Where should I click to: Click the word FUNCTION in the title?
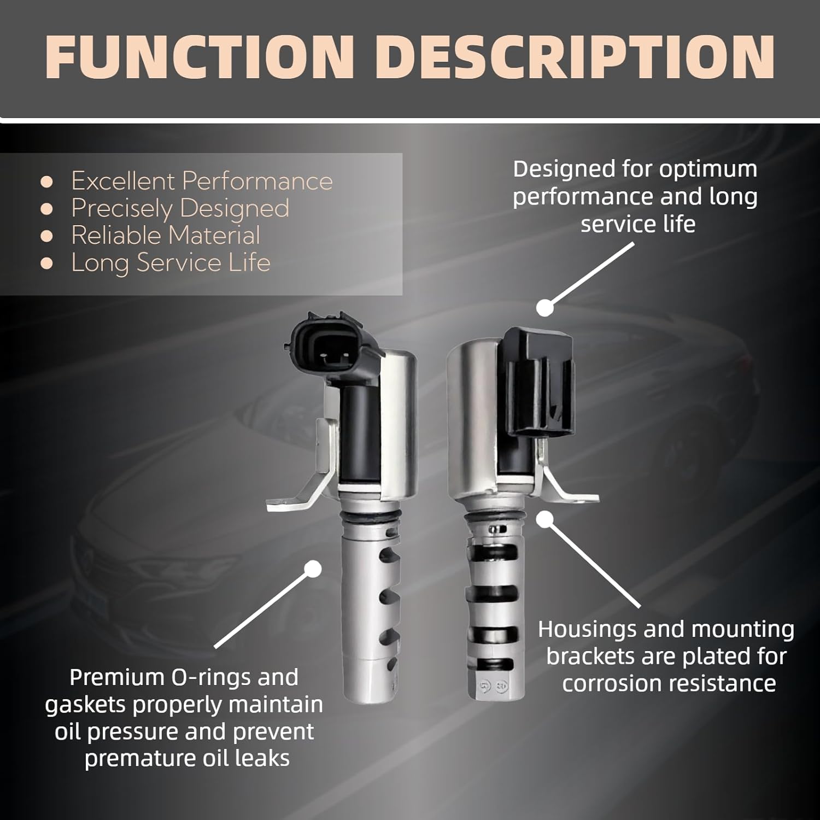coord(200,57)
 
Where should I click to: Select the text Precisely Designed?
coord(180,208)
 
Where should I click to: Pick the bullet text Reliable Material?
coord(165,236)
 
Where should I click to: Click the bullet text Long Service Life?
coord(171,263)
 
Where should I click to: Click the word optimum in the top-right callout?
coord(708,169)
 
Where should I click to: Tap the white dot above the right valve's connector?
coord(544,308)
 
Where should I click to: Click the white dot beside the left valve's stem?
coord(313,569)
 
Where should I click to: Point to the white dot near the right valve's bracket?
coord(543,519)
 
